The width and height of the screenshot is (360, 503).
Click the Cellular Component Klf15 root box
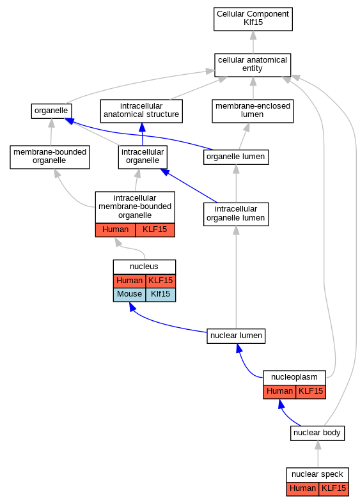253,19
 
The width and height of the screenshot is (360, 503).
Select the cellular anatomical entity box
253,65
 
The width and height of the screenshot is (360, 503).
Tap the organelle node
51,111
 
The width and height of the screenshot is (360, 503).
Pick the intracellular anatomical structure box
141,111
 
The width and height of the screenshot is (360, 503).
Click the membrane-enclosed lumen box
253,111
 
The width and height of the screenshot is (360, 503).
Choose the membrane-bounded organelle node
50,157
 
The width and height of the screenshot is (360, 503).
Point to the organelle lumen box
236,157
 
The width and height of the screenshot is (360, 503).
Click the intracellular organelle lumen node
236,214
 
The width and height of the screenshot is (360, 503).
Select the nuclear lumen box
236,336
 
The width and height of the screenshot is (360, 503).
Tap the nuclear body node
317,433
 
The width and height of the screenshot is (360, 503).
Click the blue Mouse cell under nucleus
129,295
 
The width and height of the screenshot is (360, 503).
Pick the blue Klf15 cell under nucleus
160,295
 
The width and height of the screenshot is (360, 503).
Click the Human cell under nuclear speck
302,489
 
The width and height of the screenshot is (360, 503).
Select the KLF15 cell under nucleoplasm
311,392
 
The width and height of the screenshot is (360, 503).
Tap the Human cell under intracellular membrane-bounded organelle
115,230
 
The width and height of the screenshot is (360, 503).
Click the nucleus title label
144,267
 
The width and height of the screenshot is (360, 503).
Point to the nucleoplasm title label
294,378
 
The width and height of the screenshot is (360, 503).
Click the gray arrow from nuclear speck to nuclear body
318,454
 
